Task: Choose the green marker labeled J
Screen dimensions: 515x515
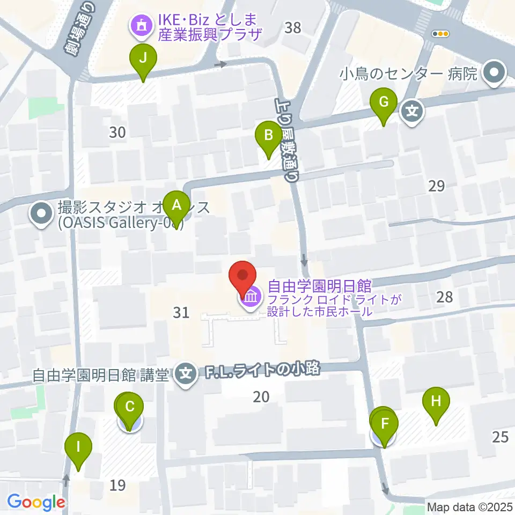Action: click(143, 59)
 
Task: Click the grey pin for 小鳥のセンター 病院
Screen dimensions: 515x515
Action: click(494, 72)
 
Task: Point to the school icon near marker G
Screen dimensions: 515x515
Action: click(413, 112)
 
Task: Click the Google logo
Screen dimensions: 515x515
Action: click(36, 503)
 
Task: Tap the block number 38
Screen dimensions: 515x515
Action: click(293, 27)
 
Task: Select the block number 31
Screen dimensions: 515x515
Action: click(182, 312)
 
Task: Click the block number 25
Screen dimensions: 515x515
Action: click(500, 437)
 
